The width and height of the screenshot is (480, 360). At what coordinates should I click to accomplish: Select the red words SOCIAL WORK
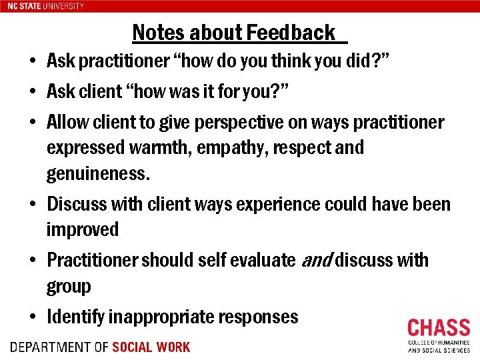click(x=151, y=347)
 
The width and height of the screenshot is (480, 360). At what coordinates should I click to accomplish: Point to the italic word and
click(x=315, y=259)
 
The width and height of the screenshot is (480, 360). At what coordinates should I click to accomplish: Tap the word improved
click(x=83, y=229)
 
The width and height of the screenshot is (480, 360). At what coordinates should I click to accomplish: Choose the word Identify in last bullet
click(x=75, y=317)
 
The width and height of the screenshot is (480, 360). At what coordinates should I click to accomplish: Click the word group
click(x=69, y=287)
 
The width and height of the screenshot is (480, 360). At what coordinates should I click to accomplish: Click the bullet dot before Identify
click(x=33, y=317)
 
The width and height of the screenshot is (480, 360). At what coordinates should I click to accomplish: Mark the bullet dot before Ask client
click(x=33, y=93)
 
